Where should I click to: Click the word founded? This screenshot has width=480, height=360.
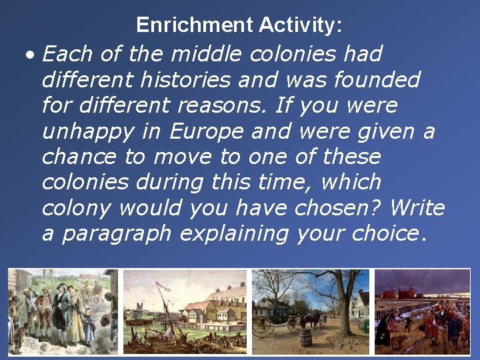(x=377, y=80)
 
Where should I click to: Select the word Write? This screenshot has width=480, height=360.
(x=417, y=208)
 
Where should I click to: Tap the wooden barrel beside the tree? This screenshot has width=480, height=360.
(x=305, y=337)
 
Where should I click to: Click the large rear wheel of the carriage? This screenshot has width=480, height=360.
(x=265, y=326)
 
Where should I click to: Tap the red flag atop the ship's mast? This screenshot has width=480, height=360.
(x=160, y=286)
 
